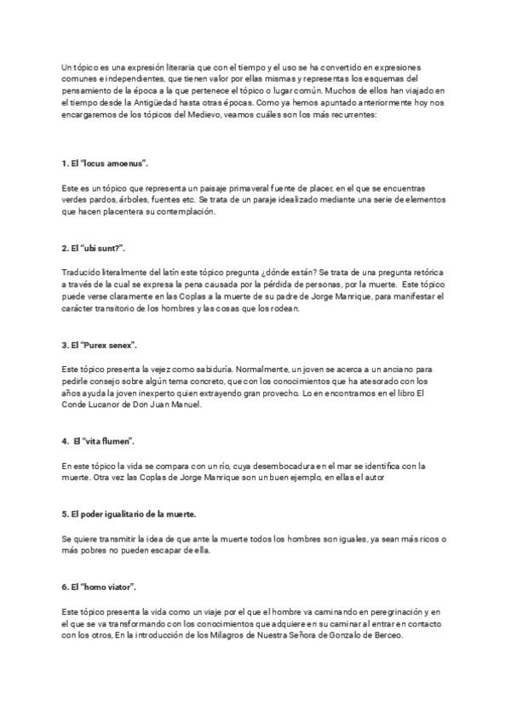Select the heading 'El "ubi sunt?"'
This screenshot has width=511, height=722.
(x=94, y=248)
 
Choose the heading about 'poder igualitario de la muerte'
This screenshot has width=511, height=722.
(x=129, y=515)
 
